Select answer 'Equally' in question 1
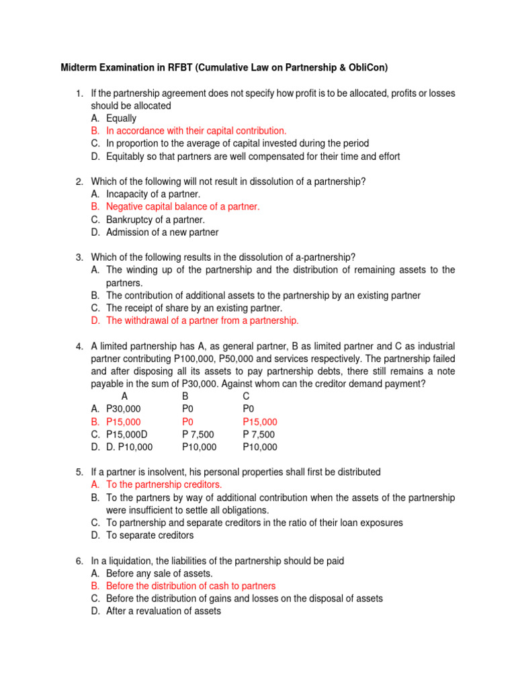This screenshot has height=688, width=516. click(x=121, y=118)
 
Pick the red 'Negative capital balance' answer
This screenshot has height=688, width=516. click(x=183, y=207)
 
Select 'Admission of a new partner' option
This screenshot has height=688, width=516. click(x=162, y=232)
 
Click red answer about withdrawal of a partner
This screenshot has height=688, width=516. click(x=202, y=320)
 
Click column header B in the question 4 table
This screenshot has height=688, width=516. click(x=185, y=396)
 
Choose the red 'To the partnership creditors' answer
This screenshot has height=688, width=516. click(x=164, y=484)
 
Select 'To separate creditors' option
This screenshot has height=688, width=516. click(x=150, y=535)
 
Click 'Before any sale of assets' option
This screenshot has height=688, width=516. click(x=159, y=573)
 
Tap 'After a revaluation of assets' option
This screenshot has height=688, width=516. click(x=163, y=611)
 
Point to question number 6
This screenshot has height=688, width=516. click(x=79, y=560)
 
